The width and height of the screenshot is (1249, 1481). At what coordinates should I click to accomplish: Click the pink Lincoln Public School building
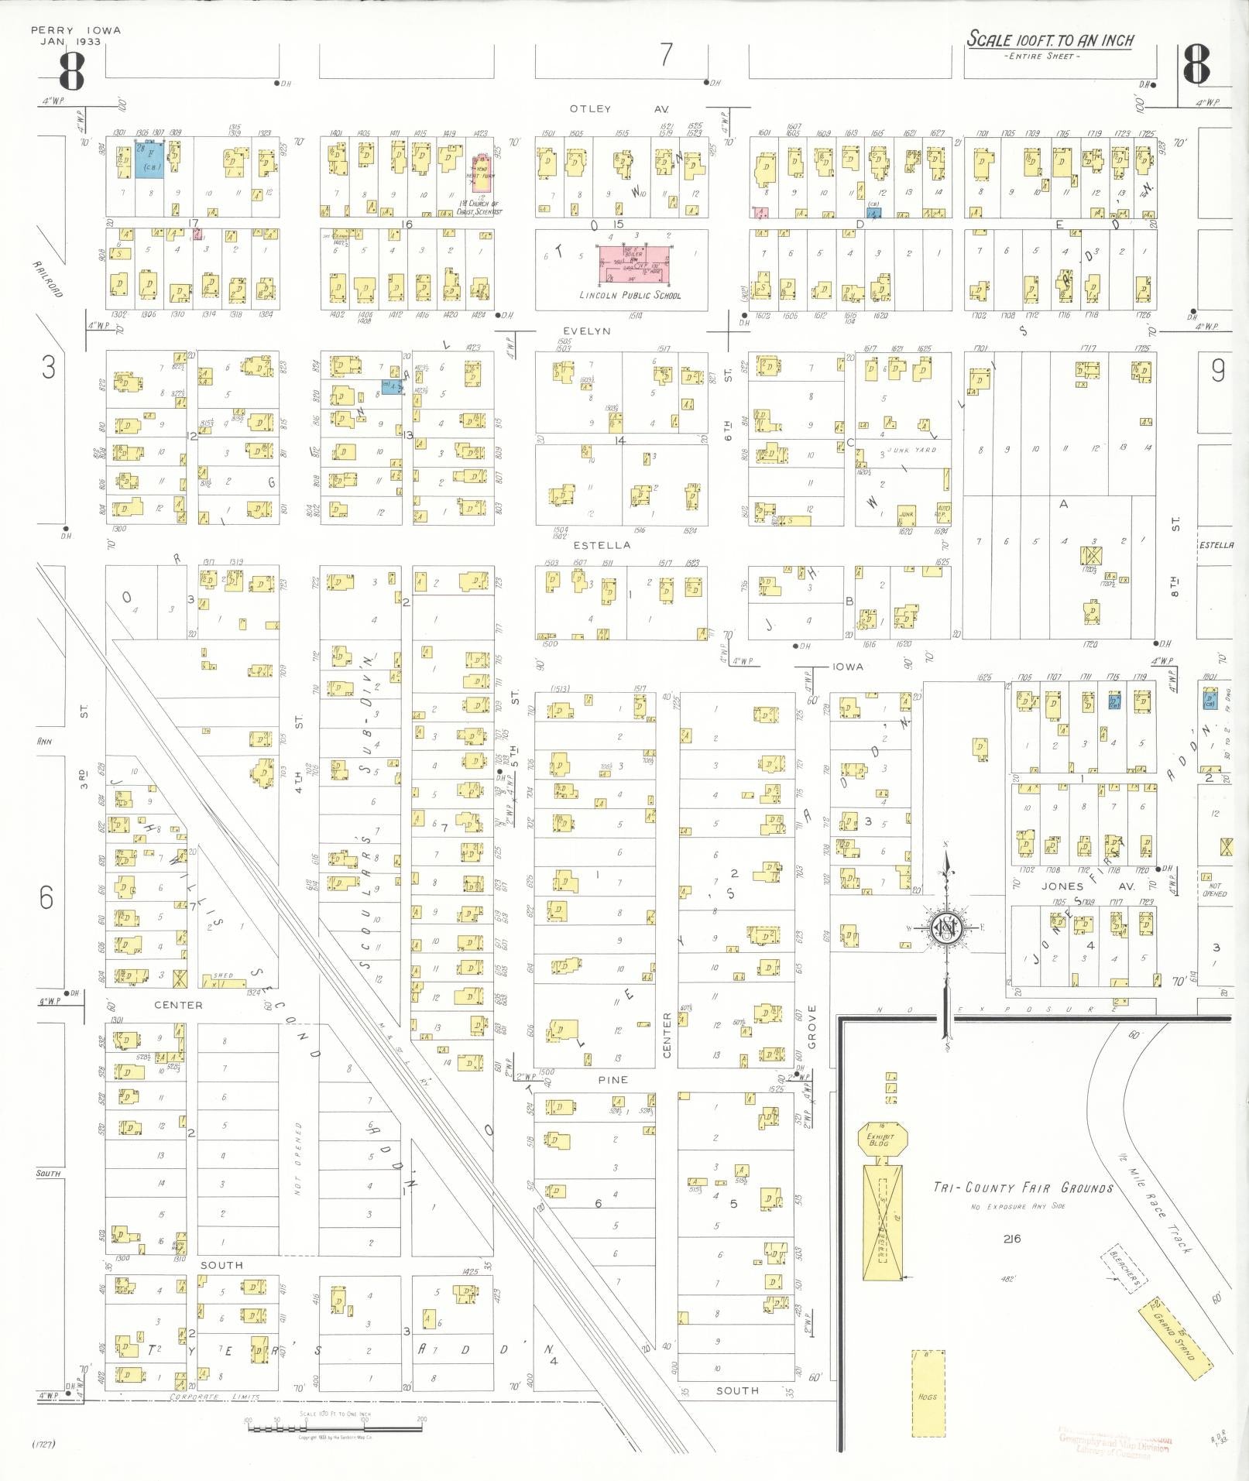click(634, 265)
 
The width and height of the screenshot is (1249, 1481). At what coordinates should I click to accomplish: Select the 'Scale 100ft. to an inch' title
click(1050, 40)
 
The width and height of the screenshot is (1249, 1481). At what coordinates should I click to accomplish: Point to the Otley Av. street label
click(617, 109)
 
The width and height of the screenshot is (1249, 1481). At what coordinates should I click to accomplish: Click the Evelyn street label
click(586, 331)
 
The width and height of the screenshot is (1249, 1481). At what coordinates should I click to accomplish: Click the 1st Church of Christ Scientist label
click(479, 207)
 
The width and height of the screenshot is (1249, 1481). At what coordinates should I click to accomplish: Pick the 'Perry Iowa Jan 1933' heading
click(76, 36)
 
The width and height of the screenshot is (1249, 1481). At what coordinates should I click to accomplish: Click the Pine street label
click(612, 1079)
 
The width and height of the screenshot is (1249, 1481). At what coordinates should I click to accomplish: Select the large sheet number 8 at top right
click(1196, 66)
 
